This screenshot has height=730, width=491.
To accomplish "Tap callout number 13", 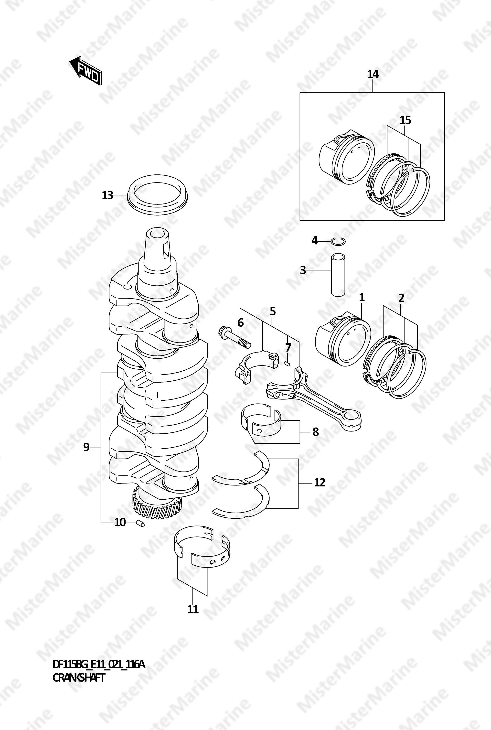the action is [107, 195].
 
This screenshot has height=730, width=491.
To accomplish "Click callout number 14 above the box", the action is [373, 74].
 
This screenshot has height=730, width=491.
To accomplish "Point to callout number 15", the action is [405, 120].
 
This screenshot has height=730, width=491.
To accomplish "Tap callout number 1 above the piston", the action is [362, 297].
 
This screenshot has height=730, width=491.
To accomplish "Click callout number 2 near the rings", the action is [401, 298].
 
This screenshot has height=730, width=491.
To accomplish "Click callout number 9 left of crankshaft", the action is [86, 447].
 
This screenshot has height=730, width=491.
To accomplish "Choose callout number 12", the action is [320, 483].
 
